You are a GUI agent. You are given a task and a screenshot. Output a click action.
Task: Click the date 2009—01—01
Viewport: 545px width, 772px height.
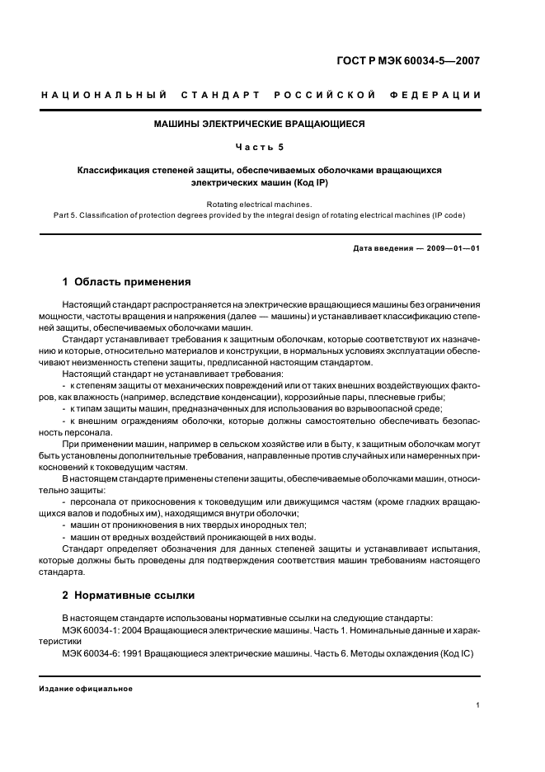tap(453, 248)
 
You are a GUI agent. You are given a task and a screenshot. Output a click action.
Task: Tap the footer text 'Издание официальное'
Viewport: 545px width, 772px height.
tap(86, 688)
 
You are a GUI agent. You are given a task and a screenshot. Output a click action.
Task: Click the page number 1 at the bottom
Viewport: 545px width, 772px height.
tap(478, 704)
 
